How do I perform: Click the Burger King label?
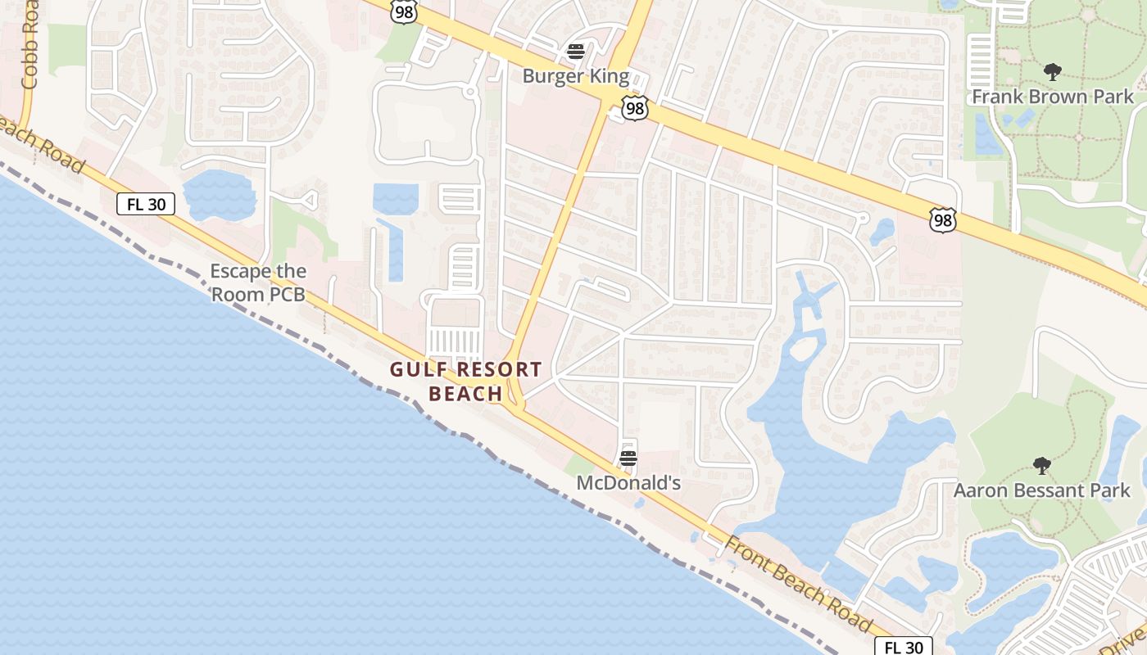coord(576,77)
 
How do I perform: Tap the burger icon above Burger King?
coord(576,52)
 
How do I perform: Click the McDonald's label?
coord(628,483)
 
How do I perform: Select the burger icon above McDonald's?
coord(628,458)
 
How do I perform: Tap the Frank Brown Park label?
coord(1053,97)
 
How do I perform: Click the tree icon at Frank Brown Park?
coord(1053,72)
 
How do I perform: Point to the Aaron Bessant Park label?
coord(1041,490)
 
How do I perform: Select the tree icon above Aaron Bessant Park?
coord(1041,466)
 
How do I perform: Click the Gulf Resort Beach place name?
coord(465,382)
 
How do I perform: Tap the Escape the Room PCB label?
coord(259,282)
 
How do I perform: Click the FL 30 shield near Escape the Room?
coord(146,204)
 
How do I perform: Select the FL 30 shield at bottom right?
coord(904,647)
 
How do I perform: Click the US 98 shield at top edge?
coord(403,11)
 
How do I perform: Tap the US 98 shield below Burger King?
coord(635,108)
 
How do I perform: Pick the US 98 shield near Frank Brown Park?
coord(942,219)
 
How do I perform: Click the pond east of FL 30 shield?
coord(219,195)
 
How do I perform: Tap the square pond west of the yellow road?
coord(396,199)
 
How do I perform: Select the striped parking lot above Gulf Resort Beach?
coord(455,341)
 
